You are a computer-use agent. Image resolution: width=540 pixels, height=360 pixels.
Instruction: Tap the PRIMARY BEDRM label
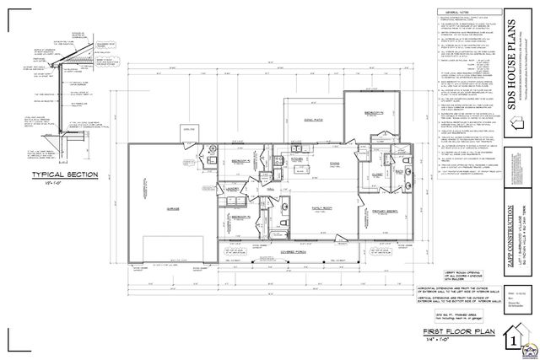click(386, 211)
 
